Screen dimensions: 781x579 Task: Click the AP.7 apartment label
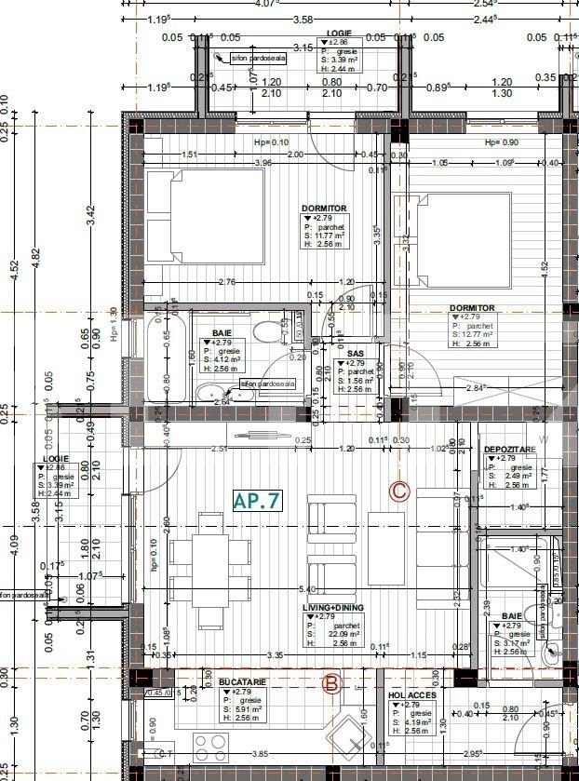tap(256, 500)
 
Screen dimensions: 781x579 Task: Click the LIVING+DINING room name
tap(333, 607)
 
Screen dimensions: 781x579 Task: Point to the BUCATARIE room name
tap(243, 682)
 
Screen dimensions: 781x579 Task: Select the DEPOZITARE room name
tap(509, 449)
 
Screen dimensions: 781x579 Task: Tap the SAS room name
tap(356, 354)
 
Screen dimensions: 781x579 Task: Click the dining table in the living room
tap(211, 556)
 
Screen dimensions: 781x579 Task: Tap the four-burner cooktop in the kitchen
tap(212, 746)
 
